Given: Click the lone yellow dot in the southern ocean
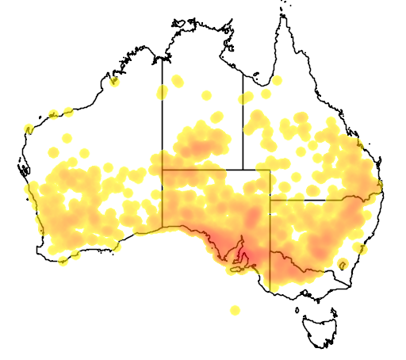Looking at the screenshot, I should (234, 310).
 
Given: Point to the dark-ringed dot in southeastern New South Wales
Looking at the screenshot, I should (343, 264).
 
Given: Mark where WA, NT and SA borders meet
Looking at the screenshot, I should (163, 169).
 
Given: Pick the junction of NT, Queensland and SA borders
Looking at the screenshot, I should (242, 169).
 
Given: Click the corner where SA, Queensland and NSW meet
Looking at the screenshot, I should (270, 200).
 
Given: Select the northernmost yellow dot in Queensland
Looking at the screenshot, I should (278, 80).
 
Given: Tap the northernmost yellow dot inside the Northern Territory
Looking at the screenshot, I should (177, 80).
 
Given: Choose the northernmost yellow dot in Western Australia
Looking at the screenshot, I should (115, 81).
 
